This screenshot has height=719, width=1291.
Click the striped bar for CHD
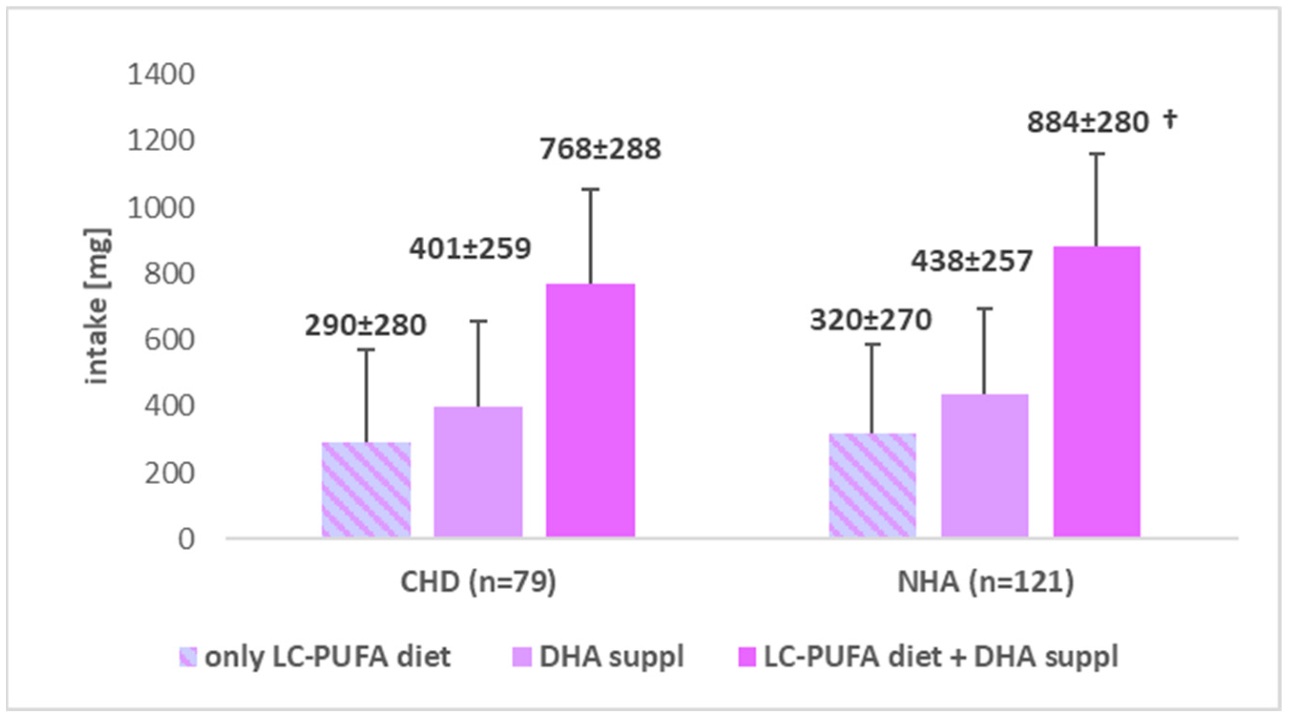click(x=366, y=490)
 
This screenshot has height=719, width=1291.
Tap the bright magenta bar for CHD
click(x=590, y=411)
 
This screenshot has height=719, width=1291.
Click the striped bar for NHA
click(x=873, y=485)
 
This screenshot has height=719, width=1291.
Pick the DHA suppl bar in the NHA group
click(x=984, y=466)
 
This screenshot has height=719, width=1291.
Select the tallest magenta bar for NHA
click(x=1096, y=392)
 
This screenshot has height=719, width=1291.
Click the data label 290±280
click(x=365, y=325)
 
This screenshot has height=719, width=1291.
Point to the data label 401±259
click(x=470, y=249)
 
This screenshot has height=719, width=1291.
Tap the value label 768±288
click(x=600, y=149)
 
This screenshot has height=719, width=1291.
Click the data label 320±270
click(x=870, y=320)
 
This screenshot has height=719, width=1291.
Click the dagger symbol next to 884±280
click(x=1170, y=119)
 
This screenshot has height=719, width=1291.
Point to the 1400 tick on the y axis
click(x=160, y=75)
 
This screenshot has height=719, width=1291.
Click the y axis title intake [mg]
click(x=96, y=307)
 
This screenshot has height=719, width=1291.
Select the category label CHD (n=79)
click(x=478, y=582)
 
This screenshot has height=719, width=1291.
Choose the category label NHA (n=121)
click(x=985, y=582)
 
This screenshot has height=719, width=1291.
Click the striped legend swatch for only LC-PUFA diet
click(x=188, y=657)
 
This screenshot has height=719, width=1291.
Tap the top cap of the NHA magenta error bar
click(x=1096, y=154)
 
